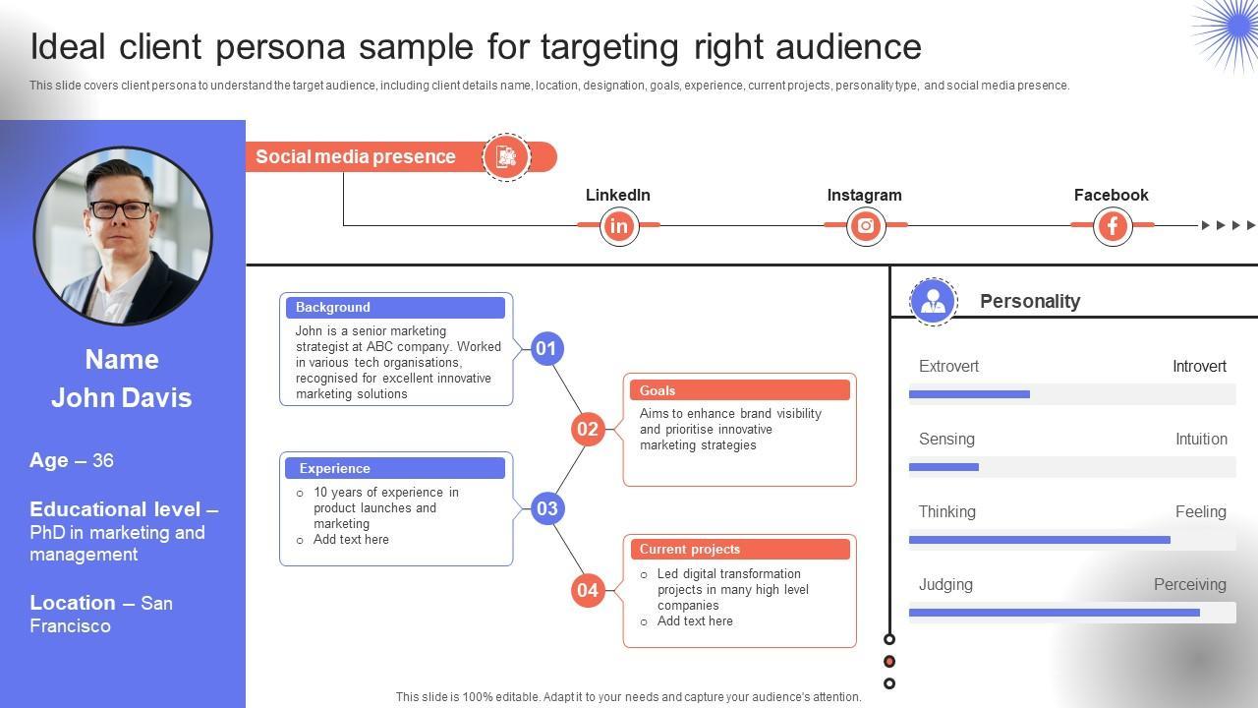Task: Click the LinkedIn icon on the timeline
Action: click(619, 226)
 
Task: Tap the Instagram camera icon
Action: click(866, 226)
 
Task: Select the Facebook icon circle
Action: click(1113, 226)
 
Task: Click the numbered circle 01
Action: click(546, 348)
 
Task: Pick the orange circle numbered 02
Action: click(588, 429)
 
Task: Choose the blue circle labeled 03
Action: click(546, 508)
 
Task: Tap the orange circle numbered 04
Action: click(588, 590)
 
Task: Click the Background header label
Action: click(333, 308)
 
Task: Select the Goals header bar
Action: click(738, 390)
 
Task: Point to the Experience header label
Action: click(335, 469)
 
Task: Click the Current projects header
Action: click(690, 550)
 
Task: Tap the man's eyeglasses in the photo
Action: click(120, 209)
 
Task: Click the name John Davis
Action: click(122, 397)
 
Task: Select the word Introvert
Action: click(1199, 367)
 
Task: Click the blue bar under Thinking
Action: click(1039, 540)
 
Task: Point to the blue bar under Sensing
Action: click(943, 467)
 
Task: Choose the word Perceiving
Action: click(1189, 585)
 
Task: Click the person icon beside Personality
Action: click(933, 301)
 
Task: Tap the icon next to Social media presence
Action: click(506, 156)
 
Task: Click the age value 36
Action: click(103, 461)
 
